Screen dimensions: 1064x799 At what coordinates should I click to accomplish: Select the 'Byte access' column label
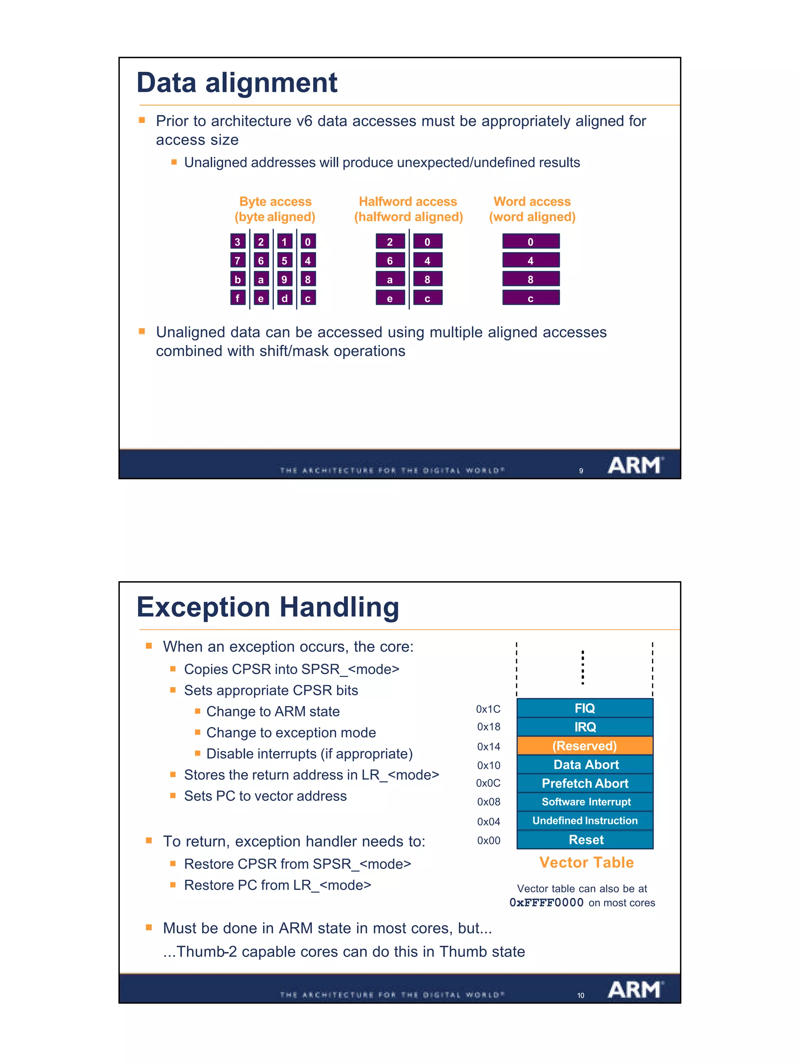275,201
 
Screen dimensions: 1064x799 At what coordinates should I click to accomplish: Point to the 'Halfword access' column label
408,201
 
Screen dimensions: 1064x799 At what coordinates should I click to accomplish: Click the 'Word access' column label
532,201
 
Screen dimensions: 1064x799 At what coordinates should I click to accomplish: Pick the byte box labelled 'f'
238,298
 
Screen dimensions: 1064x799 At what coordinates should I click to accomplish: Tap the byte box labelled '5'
284,261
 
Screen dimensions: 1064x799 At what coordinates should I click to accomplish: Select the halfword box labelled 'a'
389,279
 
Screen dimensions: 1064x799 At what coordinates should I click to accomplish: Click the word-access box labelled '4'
530,261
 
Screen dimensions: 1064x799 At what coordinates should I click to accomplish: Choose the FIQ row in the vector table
584,708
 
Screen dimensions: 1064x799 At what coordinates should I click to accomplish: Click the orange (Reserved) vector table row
584,746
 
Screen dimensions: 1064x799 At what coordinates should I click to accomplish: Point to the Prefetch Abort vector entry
584,783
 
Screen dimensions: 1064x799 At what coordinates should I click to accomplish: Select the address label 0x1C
488,709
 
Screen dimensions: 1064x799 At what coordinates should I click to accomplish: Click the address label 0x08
488,802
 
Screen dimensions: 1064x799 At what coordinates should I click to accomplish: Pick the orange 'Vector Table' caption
586,863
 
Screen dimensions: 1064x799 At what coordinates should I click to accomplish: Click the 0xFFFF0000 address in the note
547,903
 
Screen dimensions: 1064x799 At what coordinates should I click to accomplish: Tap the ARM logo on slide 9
635,465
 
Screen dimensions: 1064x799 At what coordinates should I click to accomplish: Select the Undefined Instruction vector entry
584,820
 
